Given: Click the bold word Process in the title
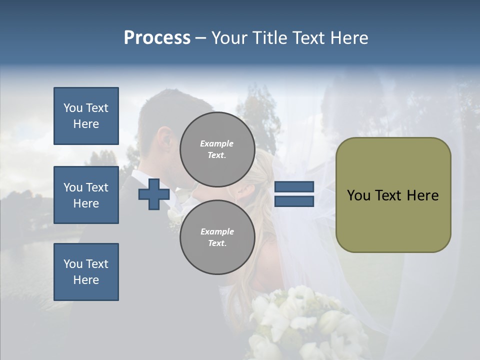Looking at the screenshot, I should point(157,38).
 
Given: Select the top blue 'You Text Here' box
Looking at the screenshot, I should point(86,116).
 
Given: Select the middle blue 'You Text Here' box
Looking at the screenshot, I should point(86,195).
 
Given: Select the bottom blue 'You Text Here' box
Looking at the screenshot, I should point(86,271).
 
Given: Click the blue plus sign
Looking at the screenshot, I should point(153,194).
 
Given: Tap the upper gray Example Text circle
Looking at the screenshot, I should point(217,149).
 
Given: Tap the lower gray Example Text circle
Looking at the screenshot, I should point(217,237).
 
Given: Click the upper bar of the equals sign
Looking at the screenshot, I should point(294,187).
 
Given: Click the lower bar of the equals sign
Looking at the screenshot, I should point(294,201).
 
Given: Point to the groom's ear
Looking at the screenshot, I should point(163,137).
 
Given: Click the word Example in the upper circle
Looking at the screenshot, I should point(217,143).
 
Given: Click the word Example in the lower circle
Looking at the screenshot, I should point(217,231).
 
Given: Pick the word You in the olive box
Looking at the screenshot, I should point(358,195).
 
